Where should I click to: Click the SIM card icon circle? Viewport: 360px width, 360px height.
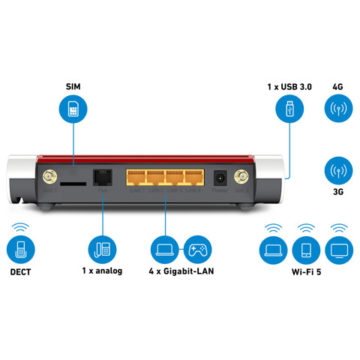coord(73,109)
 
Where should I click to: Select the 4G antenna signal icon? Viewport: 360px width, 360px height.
coord(337,109)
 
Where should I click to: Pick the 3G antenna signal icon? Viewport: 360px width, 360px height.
coord(337,172)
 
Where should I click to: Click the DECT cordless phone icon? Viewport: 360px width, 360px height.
coord(20,248)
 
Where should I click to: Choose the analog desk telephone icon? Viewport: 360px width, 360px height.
coord(102,248)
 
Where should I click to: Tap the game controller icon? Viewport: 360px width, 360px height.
coord(198,248)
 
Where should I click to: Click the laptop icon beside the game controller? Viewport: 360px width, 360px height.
coord(164,248)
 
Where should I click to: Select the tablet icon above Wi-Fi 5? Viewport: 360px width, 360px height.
coord(305,248)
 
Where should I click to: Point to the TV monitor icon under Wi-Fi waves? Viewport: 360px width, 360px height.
coord(339,248)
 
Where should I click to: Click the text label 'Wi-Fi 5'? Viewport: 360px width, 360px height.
coord(306,270)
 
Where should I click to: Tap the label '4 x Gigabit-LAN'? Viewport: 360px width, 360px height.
coord(181,270)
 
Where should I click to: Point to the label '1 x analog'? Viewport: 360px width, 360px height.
coord(102,270)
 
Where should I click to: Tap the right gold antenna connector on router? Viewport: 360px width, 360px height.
coord(242,178)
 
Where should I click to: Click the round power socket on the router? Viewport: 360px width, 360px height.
coord(221,178)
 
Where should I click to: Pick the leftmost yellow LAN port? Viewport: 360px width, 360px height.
coord(137,178)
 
